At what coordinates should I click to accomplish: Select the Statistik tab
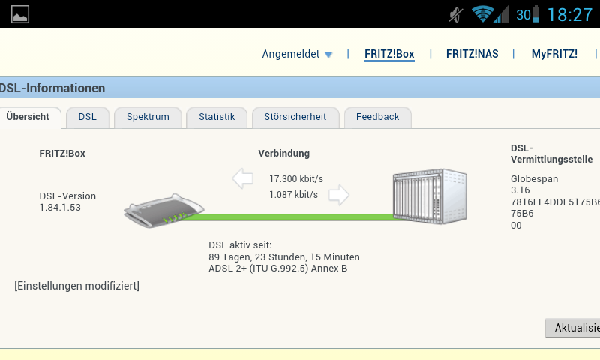(x=217, y=117)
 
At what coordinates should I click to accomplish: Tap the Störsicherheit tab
(x=295, y=117)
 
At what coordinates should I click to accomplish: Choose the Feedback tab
(x=377, y=117)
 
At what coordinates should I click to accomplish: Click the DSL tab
(x=88, y=117)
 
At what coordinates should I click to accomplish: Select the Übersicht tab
(x=28, y=117)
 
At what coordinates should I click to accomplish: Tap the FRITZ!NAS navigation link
(x=472, y=54)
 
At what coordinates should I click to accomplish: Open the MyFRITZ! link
(x=554, y=54)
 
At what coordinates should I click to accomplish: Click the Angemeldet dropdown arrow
(x=328, y=55)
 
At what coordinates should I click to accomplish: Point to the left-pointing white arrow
(x=243, y=178)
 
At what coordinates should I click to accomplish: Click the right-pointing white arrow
(x=339, y=195)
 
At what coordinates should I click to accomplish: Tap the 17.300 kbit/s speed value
(x=296, y=179)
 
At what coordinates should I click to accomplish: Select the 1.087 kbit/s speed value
(x=293, y=195)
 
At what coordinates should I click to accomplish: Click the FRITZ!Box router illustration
(x=164, y=212)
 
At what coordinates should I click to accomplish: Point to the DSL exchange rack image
(x=429, y=195)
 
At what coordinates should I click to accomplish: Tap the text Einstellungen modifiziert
(x=76, y=286)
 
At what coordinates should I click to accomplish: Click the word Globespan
(x=534, y=179)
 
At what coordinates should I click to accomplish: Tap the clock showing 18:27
(x=569, y=14)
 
